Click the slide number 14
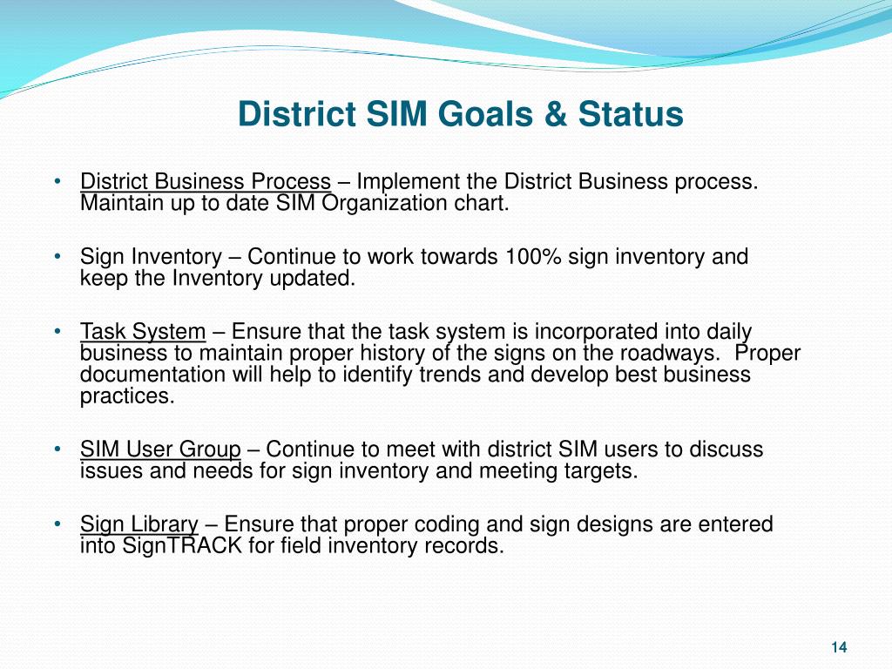(839, 647)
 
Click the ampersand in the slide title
(556, 114)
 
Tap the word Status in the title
(631, 114)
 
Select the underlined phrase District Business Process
(206, 182)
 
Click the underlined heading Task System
(143, 332)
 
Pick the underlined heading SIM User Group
(160, 450)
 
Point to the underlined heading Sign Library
(139, 524)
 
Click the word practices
(127, 396)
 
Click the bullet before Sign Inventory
(57, 257)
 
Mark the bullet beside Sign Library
(57, 524)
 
